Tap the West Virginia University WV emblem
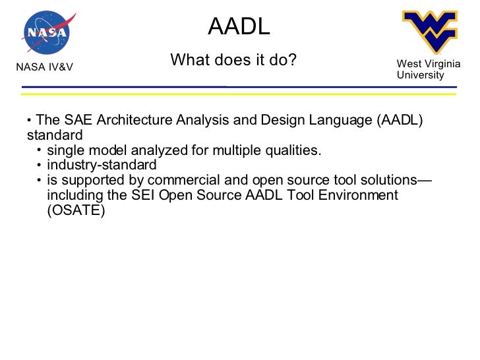(x=429, y=30)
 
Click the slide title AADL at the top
(x=239, y=26)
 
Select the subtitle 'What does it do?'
(x=233, y=61)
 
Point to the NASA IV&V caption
(x=44, y=67)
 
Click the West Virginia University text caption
(x=428, y=69)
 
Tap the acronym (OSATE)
(x=76, y=211)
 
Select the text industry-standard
(x=102, y=165)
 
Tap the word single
(x=65, y=151)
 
